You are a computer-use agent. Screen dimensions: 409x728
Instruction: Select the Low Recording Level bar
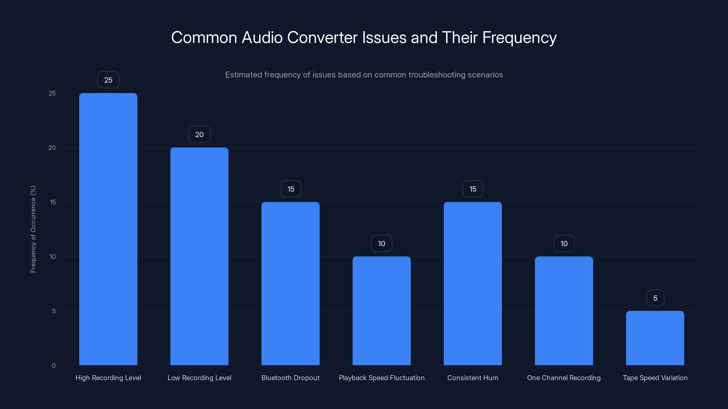coord(199,256)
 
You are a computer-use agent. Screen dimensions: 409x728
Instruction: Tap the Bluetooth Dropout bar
coord(290,283)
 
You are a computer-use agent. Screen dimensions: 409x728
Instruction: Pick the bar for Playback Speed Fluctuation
coord(382,311)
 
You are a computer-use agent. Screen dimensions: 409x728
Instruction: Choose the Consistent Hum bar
coord(473,283)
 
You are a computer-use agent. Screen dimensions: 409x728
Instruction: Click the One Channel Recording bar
coord(564,311)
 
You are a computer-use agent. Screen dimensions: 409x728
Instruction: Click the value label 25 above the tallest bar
coord(108,80)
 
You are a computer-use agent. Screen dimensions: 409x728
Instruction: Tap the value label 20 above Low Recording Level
coord(199,134)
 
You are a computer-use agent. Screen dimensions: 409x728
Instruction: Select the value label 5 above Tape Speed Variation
coord(655,298)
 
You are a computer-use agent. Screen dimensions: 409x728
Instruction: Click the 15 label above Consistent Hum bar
coord(473,189)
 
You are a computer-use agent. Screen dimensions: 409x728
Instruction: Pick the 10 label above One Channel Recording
coord(564,244)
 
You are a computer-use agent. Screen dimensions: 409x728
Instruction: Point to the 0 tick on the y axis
coord(54,366)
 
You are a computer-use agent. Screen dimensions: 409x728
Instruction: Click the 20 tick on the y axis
coord(52,148)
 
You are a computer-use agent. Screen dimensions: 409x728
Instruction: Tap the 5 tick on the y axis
coord(54,311)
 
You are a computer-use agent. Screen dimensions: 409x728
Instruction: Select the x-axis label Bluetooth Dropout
coord(290,378)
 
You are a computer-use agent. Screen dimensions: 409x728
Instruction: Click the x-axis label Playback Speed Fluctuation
coord(382,378)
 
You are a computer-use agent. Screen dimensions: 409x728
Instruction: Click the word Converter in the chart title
coord(322,37)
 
